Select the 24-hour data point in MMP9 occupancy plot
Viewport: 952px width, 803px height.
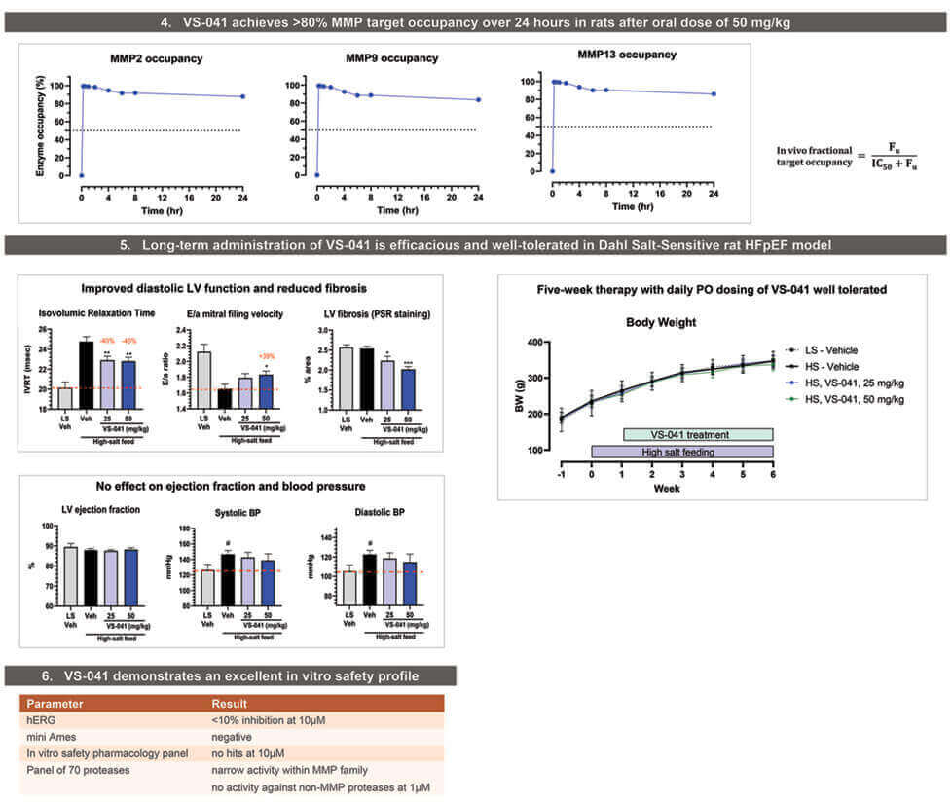point(477,99)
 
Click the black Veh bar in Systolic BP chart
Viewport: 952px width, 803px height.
point(226,579)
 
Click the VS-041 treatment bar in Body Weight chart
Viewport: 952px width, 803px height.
point(697,434)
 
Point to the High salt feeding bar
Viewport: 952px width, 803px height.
point(681,452)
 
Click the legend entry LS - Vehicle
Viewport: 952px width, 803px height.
point(833,348)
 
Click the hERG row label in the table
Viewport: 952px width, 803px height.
point(40,720)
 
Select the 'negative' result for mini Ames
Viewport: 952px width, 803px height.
point(232,737)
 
